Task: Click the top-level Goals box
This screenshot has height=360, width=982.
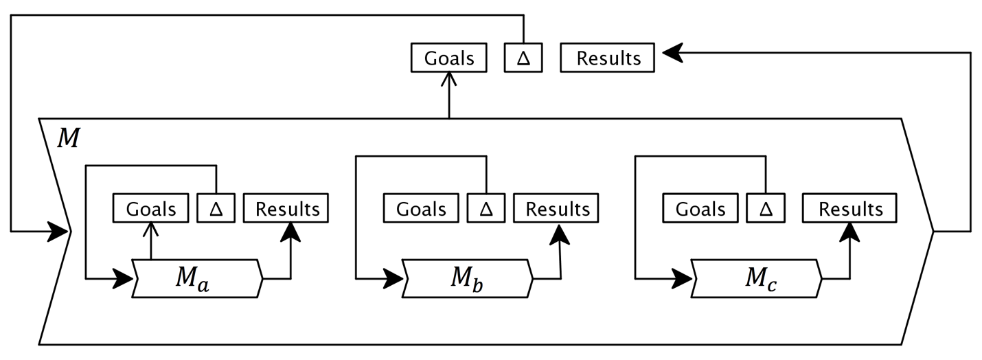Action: click(448, 58)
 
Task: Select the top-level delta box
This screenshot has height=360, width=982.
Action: click(524, 58)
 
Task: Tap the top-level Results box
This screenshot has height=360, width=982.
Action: click(608, 58)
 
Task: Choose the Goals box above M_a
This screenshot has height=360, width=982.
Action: click(151, 209)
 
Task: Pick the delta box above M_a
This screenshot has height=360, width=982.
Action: click(216, 209)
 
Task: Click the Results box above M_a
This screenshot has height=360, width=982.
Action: click(287, 209)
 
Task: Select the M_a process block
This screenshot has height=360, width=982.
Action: click(196, 278)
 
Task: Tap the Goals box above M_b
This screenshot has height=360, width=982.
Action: click(421, 209)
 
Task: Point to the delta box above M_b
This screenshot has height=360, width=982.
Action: click(486, 209)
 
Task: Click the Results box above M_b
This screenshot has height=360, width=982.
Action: click(557, 209)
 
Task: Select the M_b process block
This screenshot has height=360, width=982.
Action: click(468, 278)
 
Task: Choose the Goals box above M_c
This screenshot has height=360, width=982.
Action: click(700, 209)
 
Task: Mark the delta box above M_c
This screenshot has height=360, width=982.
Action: click(766, 209)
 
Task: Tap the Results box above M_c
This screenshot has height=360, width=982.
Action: click(850, 209)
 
